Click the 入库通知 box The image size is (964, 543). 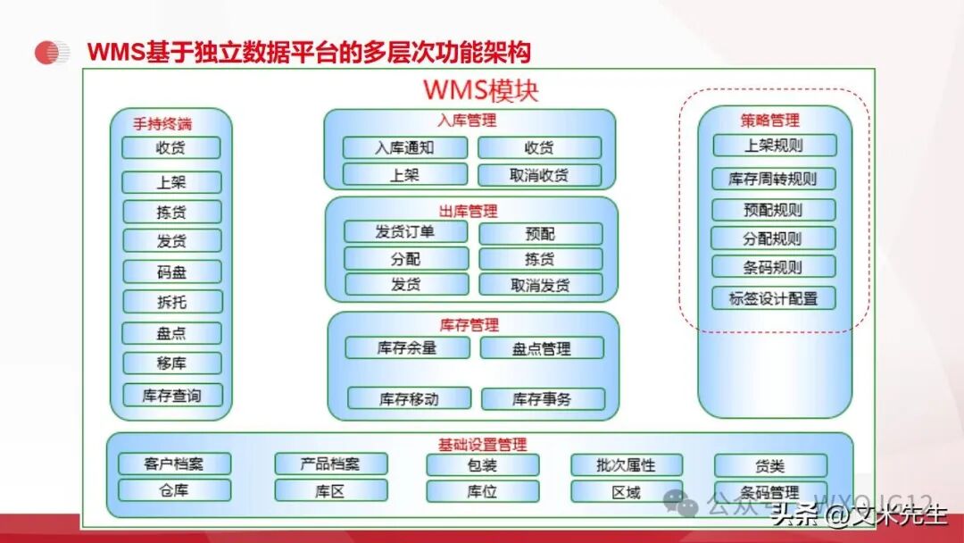click(404, 148)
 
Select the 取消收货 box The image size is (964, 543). click(539, 175)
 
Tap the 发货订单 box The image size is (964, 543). click(405, 232)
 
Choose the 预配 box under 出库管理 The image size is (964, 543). click(539, 234)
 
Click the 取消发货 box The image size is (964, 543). click(540, 286)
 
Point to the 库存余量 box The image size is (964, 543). click(407, 347)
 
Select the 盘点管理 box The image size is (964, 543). click(541, 348)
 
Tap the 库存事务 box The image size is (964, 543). click(542, 399)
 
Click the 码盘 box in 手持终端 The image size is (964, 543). click(171, 272)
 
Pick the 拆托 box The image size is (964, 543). click(171, 302)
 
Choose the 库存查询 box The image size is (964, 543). click(171, 396)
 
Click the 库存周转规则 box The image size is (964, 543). click(774, 179)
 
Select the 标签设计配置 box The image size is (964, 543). click(774, 298)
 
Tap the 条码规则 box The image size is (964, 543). click(774, 267)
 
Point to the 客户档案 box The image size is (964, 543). click(174, 464)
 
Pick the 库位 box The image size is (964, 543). click(482, 491)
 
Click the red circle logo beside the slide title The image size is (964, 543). click(52, 53)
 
